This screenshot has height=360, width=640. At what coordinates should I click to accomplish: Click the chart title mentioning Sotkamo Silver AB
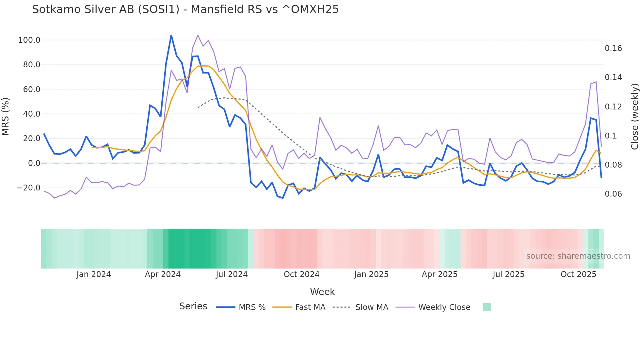click(185, 9)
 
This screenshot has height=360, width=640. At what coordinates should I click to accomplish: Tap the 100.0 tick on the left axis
click(29, 40)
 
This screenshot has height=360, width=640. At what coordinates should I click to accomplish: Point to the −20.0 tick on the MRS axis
click(29, 188)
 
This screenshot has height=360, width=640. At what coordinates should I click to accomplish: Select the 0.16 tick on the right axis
click(613, 48)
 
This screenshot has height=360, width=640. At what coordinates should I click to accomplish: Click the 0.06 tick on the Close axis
click(613, 194)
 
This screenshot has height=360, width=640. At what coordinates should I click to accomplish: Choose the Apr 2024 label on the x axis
click(163, 274)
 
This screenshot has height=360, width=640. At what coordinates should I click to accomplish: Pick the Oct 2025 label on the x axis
click(578, 274)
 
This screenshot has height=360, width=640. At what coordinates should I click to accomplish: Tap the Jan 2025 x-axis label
click(371, 274)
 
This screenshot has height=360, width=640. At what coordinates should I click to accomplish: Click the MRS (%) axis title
click(6, 116)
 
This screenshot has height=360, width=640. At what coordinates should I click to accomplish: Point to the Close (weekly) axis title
click(634, 116)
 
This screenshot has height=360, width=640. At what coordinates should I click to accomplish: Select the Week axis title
click(322, 292)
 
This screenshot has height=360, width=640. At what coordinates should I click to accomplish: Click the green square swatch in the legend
click(487, 307)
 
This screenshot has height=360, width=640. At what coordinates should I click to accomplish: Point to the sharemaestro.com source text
click(578, 256)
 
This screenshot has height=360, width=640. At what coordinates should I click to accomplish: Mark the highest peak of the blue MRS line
click(171, 35)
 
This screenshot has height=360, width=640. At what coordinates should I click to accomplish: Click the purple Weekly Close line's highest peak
click(198, 35)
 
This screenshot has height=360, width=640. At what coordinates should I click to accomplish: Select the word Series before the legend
click(193, 306)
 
